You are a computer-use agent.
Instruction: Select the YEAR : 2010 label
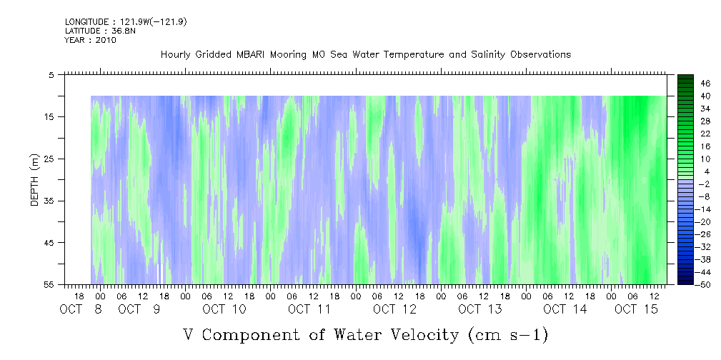[90, 40]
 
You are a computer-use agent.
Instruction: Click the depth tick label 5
[51, 74]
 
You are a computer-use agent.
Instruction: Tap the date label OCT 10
[224, 309]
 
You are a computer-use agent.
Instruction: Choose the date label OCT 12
[394, 309]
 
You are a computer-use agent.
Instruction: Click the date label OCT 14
[565, 309]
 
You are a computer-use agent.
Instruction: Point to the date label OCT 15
[636, 309]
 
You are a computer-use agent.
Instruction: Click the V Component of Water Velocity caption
[365, 334]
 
